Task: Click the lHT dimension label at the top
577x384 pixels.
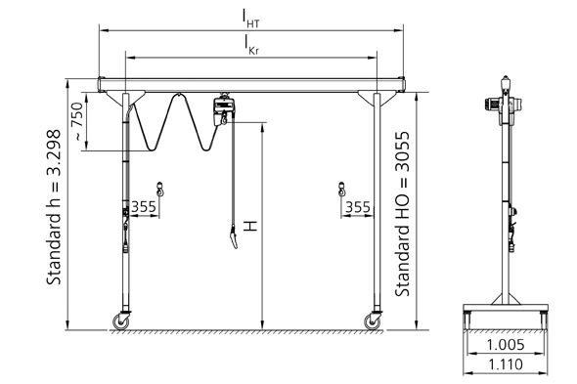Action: (x=253, y=17)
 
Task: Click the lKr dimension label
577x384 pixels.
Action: (x=253, y=43)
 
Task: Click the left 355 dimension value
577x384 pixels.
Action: (x=144, y=206)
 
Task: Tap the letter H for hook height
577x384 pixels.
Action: (x=251, y=226)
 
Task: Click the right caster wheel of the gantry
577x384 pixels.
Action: (x=373, y=320)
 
